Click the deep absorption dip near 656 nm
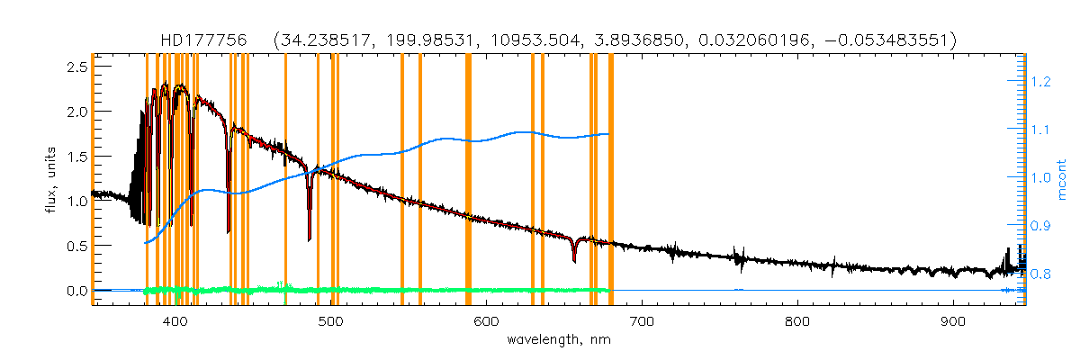coord(574,260)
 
